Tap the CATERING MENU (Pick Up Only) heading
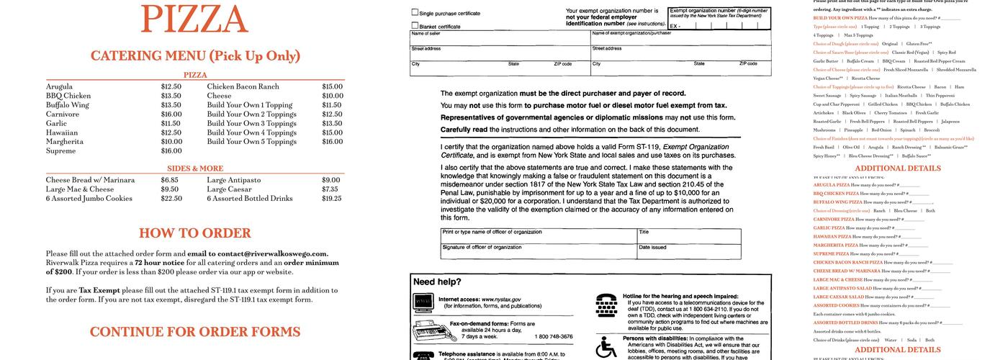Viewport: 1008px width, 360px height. (195, 55)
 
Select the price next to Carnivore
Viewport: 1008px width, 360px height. (171, 114)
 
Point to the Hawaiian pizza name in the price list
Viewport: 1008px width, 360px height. (62, 133)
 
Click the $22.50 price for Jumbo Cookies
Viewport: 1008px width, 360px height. (171, 199)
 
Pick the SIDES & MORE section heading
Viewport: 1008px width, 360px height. (195, 168)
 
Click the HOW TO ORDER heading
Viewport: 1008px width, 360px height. (195, 233)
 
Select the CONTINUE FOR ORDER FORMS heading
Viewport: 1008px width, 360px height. (195, 332)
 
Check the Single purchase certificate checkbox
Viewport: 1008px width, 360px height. (415, 12)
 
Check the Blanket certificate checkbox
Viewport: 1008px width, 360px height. (415, 26)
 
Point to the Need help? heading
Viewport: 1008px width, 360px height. (437, 282)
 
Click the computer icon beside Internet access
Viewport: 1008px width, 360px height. (423, 301)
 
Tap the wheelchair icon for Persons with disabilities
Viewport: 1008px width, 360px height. (606, 348)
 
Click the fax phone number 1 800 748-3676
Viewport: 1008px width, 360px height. (554, 336)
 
